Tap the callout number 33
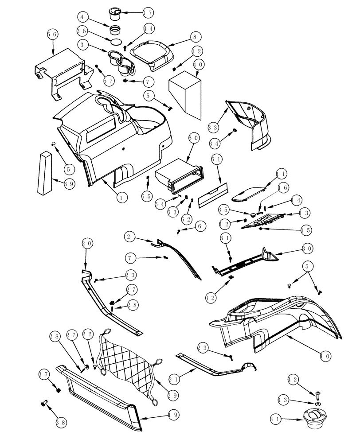coord(214,126)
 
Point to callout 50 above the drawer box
coord(193,138)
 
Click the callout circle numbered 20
coord(87,243)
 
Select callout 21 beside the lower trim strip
coord(174,379)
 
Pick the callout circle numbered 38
coord(61,423)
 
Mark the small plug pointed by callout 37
coord(58,389)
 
